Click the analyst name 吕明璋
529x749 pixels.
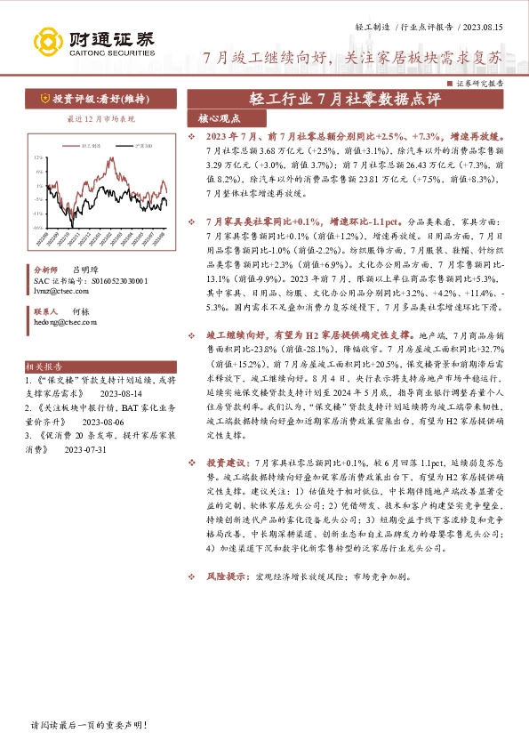click(x=84, y=268)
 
